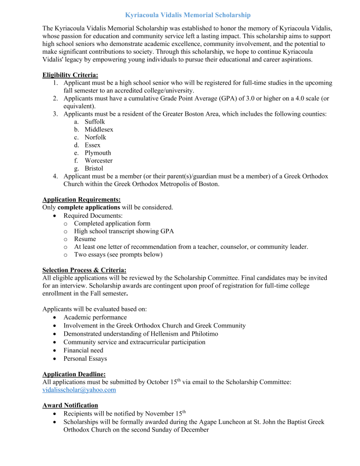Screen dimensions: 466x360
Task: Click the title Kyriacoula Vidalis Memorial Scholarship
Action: tap(179, 14)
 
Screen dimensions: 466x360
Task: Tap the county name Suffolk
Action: tap(94, 121)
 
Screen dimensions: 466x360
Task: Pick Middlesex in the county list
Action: tap(99, 129)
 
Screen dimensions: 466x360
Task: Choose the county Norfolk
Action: tap(95, 137)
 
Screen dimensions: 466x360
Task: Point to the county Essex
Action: tap(92, 145)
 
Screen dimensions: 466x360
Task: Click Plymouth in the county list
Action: tap(97, 152)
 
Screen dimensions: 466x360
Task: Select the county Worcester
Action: tap(99, 161)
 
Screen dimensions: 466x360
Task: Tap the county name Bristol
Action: tap(94, 168)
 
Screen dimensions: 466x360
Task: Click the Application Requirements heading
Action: tap(81, 199)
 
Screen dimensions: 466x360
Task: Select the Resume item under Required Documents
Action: tap(85, 239)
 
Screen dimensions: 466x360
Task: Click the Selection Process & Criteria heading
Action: tap(84, 270)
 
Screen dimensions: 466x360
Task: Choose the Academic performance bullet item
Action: tap(95, 318)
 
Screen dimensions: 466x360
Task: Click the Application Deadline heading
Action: tap(74, 374)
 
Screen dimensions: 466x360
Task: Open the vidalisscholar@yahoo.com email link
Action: tap(79, 390)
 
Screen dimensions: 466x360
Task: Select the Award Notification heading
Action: tap(70, 405)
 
